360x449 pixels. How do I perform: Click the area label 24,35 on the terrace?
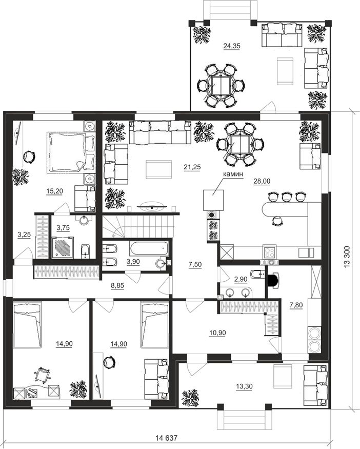pyautogui.click(x=231, y=46)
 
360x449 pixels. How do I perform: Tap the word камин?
pyautogui.click(x=233, y=174)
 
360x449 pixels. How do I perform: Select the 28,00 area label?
pyautogui.click(x=262, y=181)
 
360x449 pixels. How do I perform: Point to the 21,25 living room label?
pyautogui.click(x=192, y=167)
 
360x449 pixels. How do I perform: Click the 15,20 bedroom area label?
pyautogui.click(x=55, y=191)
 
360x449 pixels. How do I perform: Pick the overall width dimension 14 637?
pyautogui.click(x=167, y=438)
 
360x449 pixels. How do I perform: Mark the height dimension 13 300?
pyautogui.click(x=347, y=257)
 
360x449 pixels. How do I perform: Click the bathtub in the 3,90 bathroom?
pyautogui.click(x=149, y=249)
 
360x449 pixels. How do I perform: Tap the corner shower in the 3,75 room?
pyautogui.click(x=63, y=247)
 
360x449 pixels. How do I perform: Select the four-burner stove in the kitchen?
pyautogui.click(x=270, y=252)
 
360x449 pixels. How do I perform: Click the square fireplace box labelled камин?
pyautogui.click(x=213, y=200)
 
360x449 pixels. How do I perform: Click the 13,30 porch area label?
pyautogui.click(x=244, y=386)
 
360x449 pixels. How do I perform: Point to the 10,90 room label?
pyautogui.click(x=217, y=333)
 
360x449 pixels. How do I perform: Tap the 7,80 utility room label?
pyautogui.click(x=296, y=305)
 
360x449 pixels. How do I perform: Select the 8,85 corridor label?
pyautogui.click(x=117, y=285)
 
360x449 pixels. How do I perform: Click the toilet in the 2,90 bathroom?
pyautogui.click(x=257, y=275)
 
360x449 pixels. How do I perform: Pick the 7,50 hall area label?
pyautogui.click(x=195, y=264)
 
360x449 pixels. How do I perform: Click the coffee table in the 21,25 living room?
pyautogui.click(x=158, y=169)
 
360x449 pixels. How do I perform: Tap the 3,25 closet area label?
pyautogui.click(x=24, y=235)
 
